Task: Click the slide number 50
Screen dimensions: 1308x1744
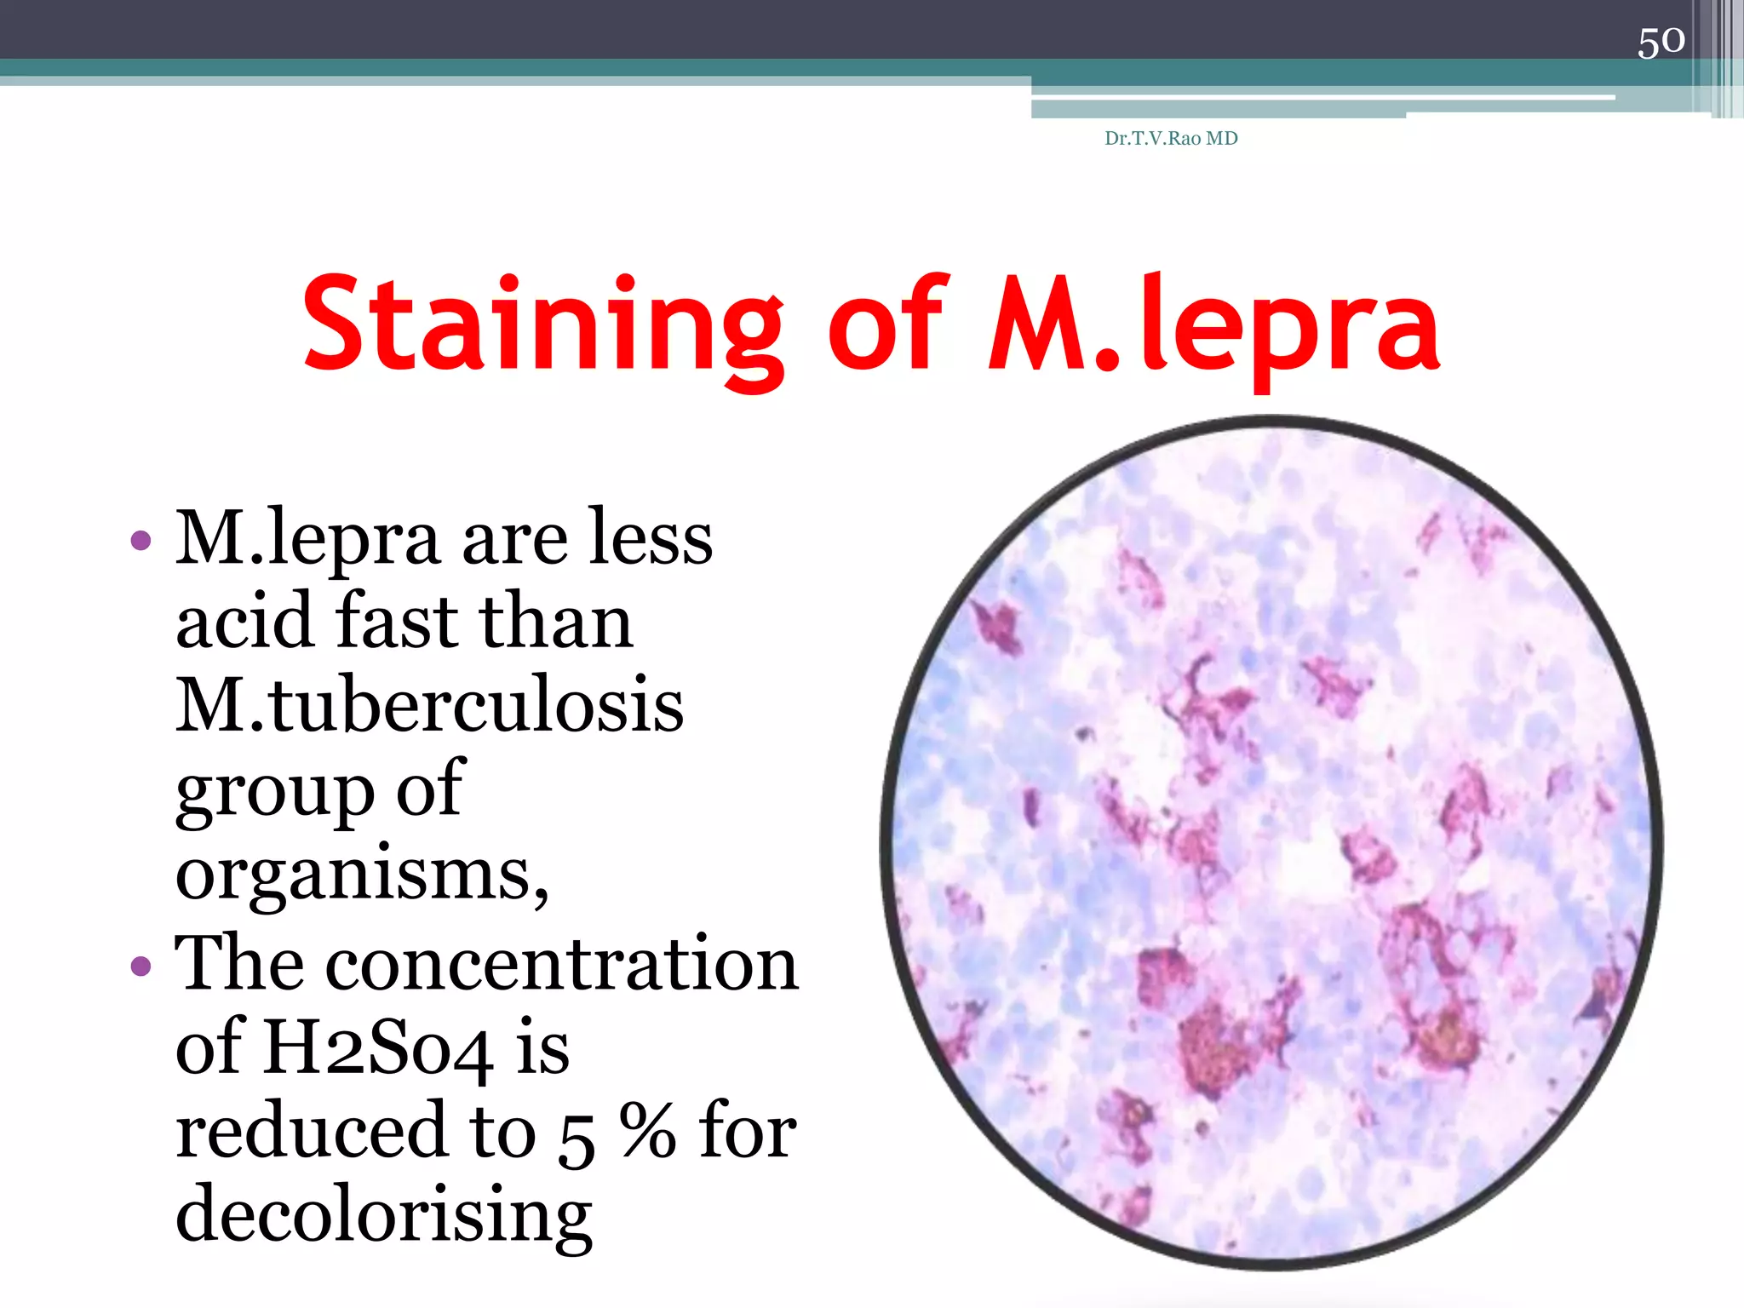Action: (x=1661, y=41)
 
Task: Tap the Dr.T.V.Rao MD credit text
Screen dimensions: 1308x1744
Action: (x=1171, y=138)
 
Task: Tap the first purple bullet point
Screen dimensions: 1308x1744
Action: (x=141, y=540)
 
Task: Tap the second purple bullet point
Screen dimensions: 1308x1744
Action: (x=141, y=966)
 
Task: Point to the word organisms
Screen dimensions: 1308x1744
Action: (x=362, y=875)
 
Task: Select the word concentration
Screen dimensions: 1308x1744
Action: (x=562, y=964)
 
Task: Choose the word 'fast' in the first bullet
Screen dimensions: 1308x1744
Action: (x=396, y=622)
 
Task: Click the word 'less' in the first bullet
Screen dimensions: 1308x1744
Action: (x=651, y=540)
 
